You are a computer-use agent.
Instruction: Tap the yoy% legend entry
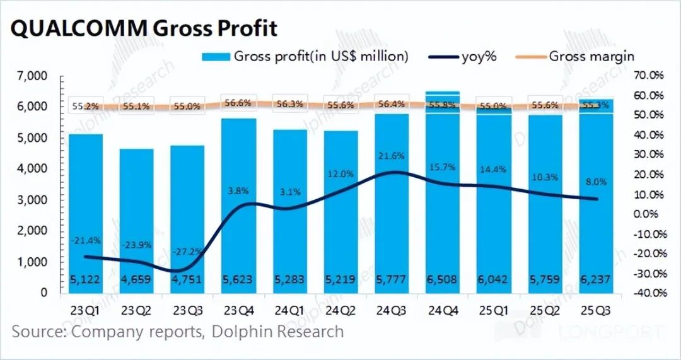click(x=463, y=56)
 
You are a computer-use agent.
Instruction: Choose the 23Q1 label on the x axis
click(x=86, y=311)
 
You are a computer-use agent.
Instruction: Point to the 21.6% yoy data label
click(x=392, y=156)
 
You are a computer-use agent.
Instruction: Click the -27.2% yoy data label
click(x=187, y=252)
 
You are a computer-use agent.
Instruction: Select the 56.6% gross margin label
click(x=238, y=103)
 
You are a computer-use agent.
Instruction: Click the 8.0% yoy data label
click(x=597, y=182)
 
